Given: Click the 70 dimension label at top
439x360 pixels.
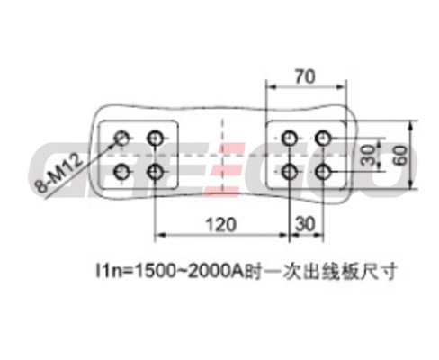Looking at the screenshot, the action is (x=305, y=76).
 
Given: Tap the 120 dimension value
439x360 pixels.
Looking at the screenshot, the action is (x=221, y=224).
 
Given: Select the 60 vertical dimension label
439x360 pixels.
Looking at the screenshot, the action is (x=401, y=156).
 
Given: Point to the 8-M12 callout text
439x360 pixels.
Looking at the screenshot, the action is (x=58, y=173).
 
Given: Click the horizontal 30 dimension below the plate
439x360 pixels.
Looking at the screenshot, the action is (x=305, y=224).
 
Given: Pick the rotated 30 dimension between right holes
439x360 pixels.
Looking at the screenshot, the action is (x=368, y=156).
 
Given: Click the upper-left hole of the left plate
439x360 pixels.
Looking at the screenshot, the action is (x=121, y=139).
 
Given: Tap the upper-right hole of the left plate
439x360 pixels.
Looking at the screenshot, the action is (x=155, y=139).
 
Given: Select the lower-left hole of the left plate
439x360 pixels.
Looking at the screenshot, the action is (x=121, y=172).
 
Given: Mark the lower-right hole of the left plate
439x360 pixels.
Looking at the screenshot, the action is (x=155, y=172).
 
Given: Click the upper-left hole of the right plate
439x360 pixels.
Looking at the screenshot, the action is (x=289, y=139).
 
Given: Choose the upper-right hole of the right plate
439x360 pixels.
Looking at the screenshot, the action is (x=323, y=139).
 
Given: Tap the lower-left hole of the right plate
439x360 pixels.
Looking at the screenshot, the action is (x=289, y=172).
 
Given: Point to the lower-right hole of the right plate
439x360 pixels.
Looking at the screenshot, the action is (x=323, y=172).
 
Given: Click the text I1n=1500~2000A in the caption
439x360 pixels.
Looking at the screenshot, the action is (x=170, y=271).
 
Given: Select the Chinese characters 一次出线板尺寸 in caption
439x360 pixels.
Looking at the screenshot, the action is (x=321, y=271).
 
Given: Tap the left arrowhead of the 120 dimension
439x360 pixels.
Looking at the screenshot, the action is (x=159, y=235).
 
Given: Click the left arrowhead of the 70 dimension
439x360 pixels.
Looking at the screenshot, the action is (x=271, y=87).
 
